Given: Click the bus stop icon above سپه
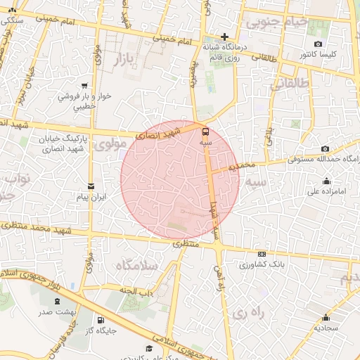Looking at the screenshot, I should coord(205,131).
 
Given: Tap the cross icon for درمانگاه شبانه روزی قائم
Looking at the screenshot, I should coord(224,37).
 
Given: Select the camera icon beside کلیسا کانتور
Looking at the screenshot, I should coord(319,44).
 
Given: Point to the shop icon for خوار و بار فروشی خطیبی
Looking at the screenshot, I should coord(85,85).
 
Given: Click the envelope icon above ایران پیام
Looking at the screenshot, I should coord(91,186).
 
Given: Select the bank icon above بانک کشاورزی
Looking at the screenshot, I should coord(262,255).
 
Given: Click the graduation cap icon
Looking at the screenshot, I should coord(149,348).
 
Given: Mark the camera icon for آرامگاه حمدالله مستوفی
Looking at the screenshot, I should coord(325,149).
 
